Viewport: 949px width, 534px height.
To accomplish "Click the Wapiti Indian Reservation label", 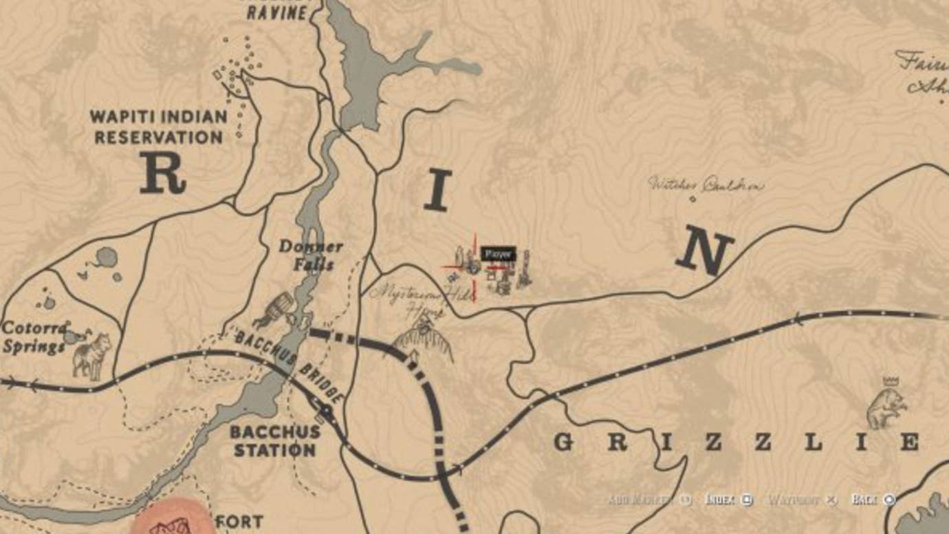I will click(x=159, y=127).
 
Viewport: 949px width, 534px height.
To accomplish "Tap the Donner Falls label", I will click(x=311, y=255).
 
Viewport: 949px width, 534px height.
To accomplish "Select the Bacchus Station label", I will click(x=275, y=441).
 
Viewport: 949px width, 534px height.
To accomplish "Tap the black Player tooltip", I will click(x=497, y=254).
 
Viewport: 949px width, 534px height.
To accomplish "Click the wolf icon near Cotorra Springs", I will click(x=92, y=354).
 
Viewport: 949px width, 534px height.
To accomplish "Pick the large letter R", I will click(x=162, y=173).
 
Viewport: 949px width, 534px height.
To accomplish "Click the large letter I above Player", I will click(x=437, y=191).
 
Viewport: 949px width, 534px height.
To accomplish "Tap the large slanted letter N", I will click(x=705, y=253).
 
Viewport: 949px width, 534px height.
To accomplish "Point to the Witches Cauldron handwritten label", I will click(x=705, y=184).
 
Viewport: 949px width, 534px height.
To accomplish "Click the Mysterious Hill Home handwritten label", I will click(x=419, y=299).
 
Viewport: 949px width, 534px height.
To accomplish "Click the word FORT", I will click(x=239, y=522).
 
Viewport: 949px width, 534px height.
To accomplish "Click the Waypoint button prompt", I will click(x=802, y=500).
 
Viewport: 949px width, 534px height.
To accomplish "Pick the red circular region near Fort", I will click(x=172, y=520).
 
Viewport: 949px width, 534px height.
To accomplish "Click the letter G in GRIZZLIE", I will click(x=564, y=442).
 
